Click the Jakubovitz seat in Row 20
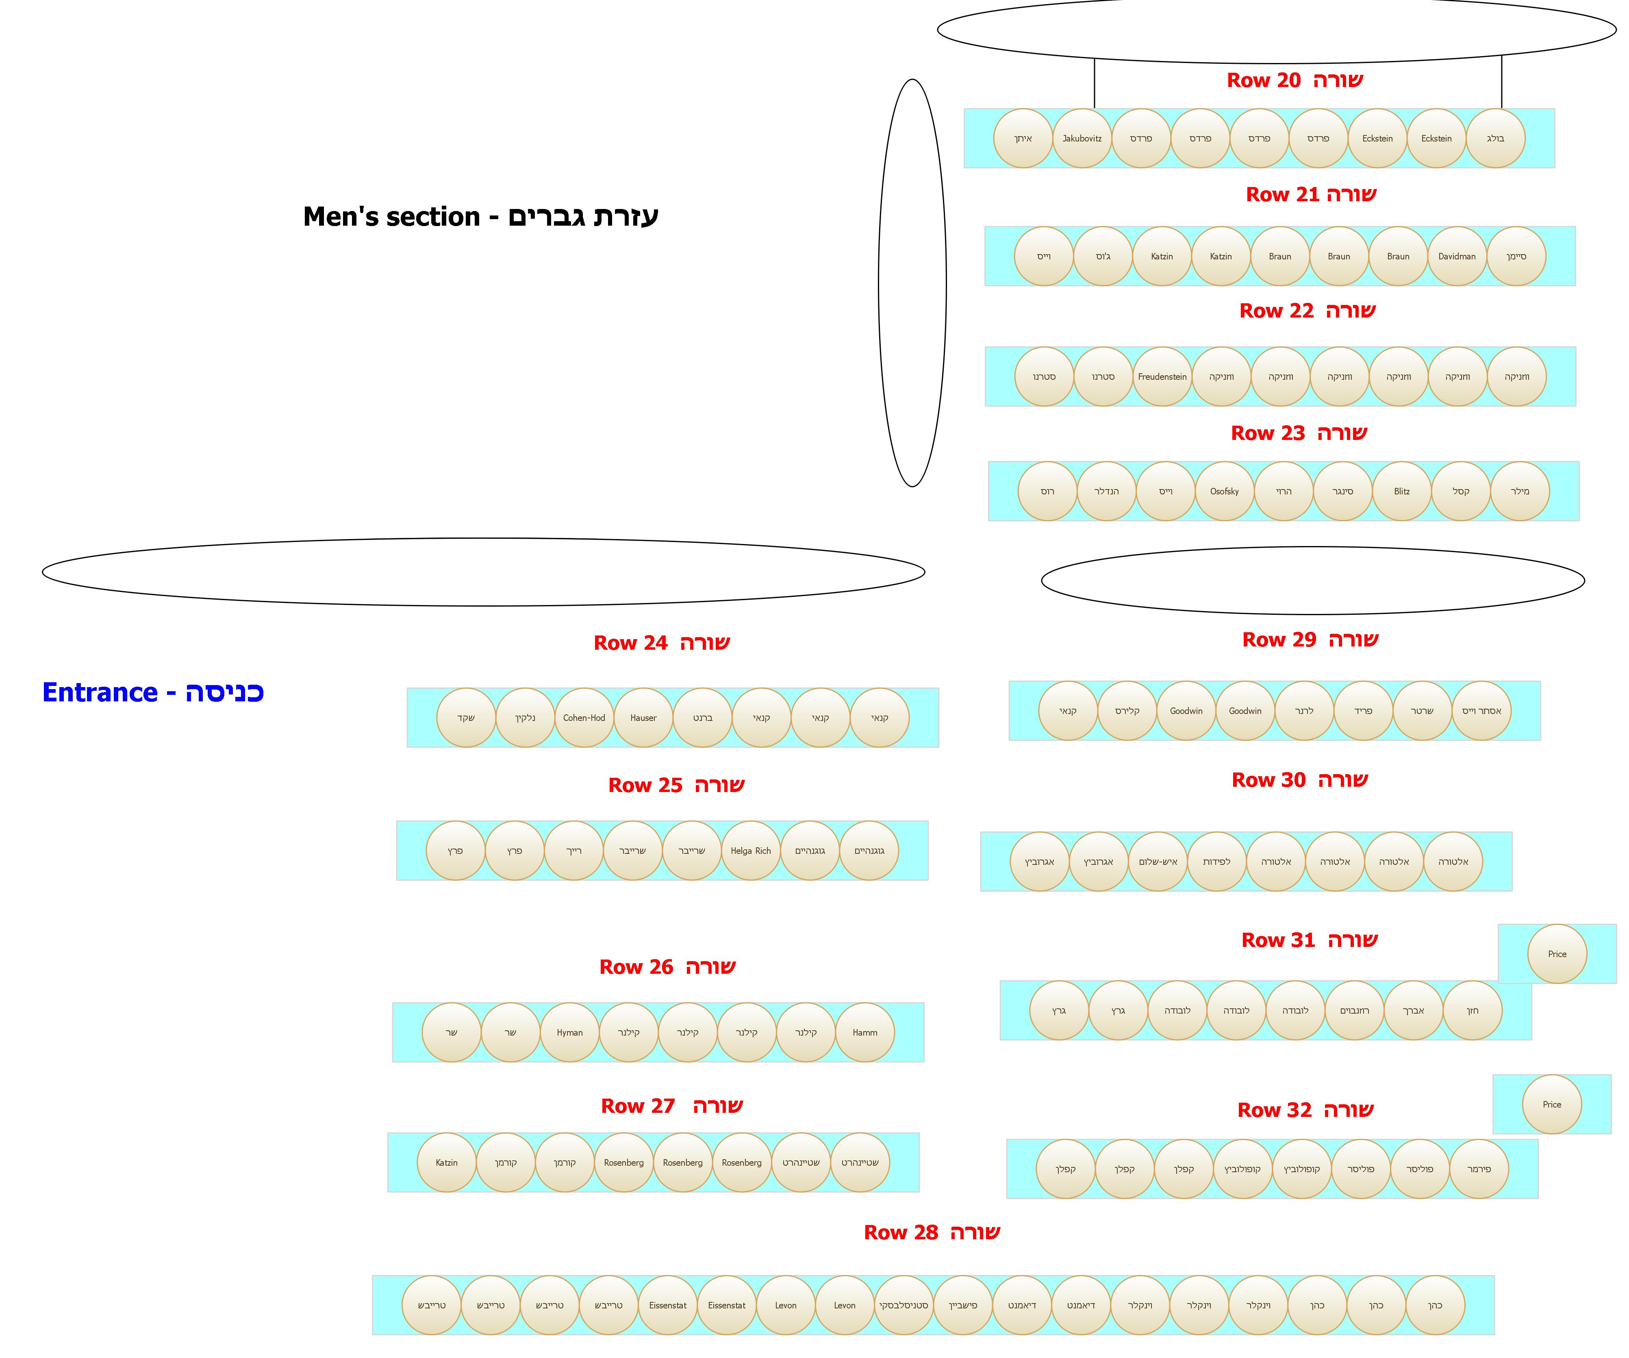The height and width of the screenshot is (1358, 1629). pyautogui.click(x=1082, y=138)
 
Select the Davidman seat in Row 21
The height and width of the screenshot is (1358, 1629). pyautogui.click(x=1457, y=256)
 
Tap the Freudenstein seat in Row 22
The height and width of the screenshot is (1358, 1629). pyautogui.click(x=1162, y=376)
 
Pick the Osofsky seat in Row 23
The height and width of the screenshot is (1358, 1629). pyautogui.click(x=1224, y=491)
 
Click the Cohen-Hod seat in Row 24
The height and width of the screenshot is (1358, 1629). pyautogui.click(x=584, y=718)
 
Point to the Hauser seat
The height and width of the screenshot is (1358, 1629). pyautogui.click(x=643, y=718)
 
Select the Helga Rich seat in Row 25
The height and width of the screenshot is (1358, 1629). pyautogui.click(x=751, y=851)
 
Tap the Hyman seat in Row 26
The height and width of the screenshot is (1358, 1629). pyautogui.click(x=569, y=1032)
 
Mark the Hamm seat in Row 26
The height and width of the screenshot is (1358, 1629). pyautogui.click(x=865, y=1032)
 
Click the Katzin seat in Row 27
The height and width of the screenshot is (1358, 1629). pyautogui.click(x=447, y=1162)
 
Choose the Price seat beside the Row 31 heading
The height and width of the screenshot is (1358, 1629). pyautogui.click(x=1557, y=954)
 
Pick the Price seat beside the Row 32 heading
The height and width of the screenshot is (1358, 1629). pyautogui.click(x=1551, y=1104)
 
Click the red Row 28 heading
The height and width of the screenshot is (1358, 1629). pyautogui.click(x=932, y=1232)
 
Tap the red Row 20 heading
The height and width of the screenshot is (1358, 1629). pyautogui.click(x=1295, y=80)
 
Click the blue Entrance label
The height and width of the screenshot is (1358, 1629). pyautogui.click(x=153, y=692)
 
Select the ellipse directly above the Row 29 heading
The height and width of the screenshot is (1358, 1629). pyautogui.click(x=1312, y=581)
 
